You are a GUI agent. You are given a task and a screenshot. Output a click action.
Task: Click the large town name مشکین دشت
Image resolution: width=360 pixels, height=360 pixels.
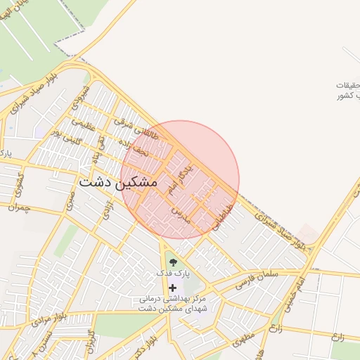[x=117, y=181]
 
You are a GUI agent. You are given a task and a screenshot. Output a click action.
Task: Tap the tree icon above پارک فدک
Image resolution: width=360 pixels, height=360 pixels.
[x=173, y=263]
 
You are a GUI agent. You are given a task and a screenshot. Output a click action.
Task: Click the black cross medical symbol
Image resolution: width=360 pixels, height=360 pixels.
[x=173, y=288]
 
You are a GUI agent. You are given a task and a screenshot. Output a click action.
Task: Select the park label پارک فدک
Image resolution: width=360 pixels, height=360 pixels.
[x=173, y=275]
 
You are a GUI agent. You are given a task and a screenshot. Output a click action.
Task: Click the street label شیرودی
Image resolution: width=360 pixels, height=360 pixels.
[x=86, y=96]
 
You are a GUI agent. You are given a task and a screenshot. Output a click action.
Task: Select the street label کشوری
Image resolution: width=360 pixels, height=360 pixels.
[x=17, y=181]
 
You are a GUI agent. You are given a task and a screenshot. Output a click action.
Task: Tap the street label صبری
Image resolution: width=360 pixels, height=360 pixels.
[x=70, y=202]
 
